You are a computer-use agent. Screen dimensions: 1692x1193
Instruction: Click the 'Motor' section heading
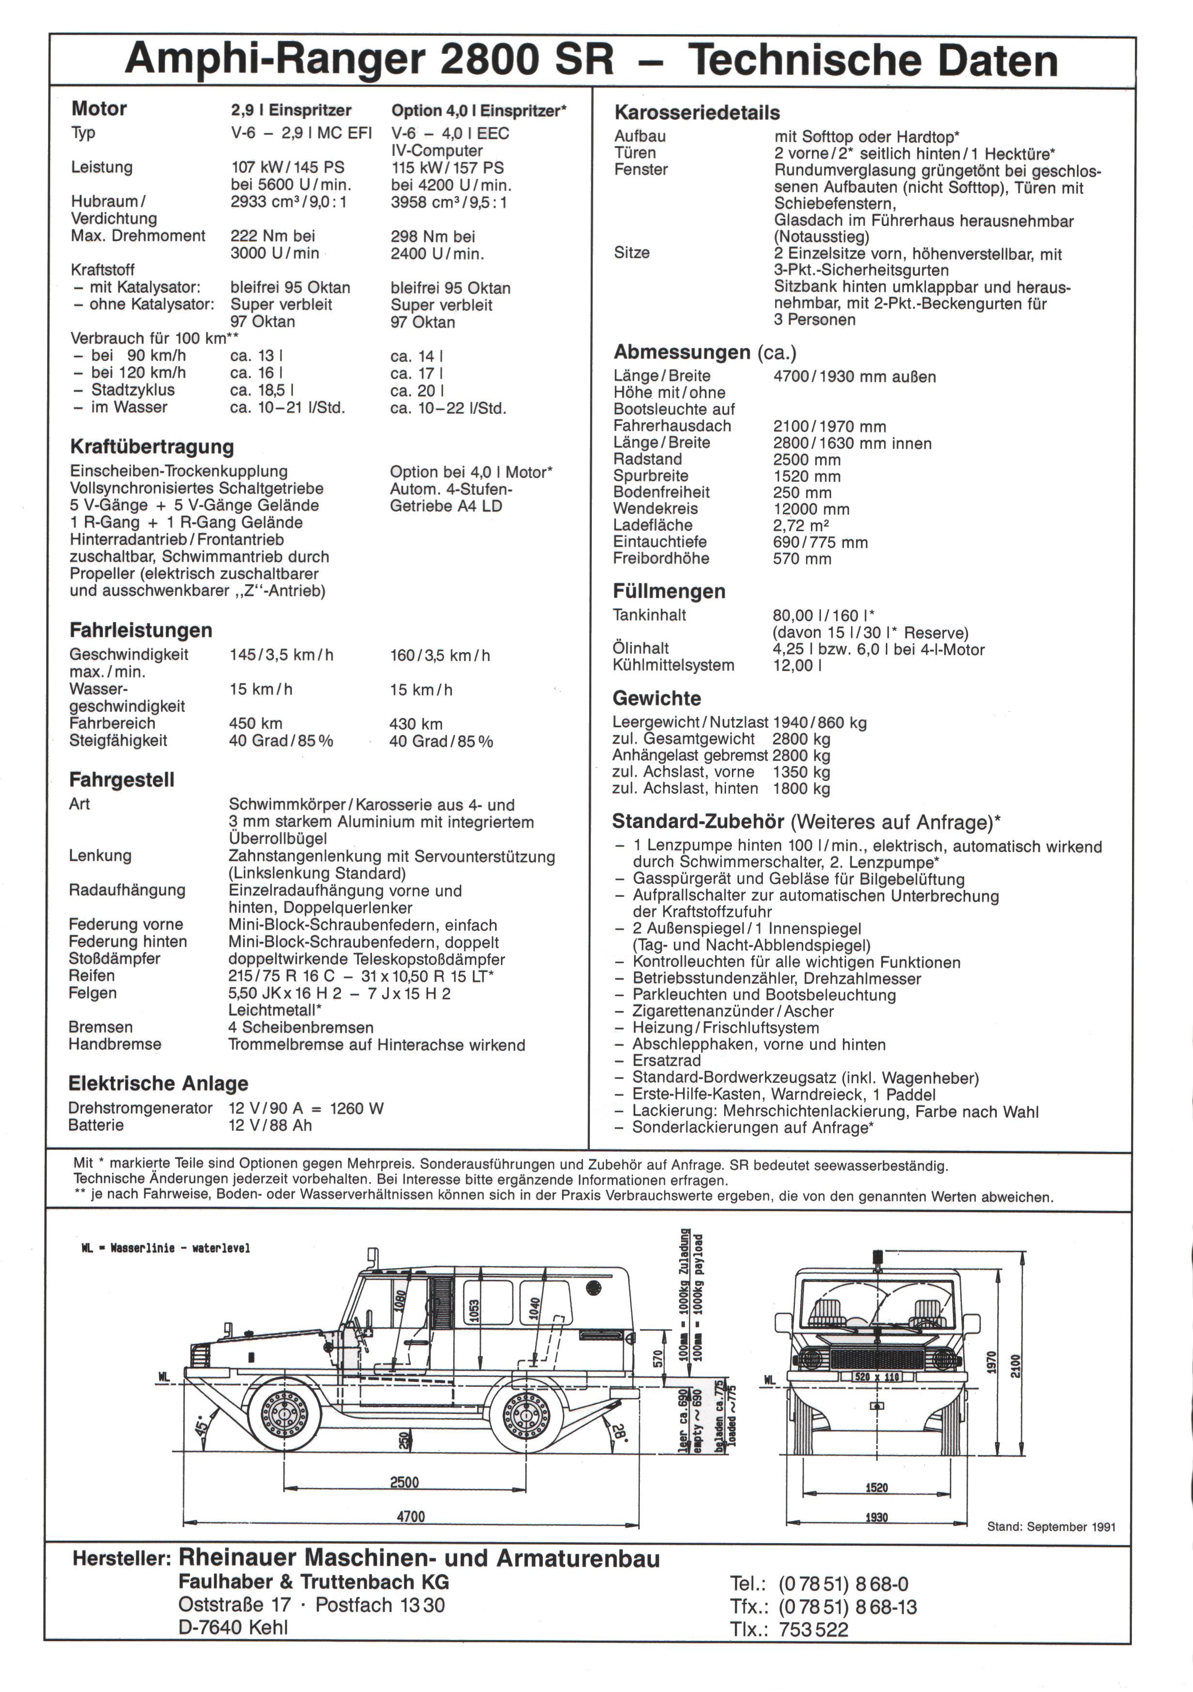[99, 109]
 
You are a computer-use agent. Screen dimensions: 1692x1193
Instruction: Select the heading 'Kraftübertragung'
[152, 446]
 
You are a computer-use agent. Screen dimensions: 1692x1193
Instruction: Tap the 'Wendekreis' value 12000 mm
[810, 509]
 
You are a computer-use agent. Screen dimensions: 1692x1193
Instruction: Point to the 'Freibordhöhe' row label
[661, 559]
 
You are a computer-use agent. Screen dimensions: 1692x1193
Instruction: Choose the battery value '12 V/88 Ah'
[270, 1125]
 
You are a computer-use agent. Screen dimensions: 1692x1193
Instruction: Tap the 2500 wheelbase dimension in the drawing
[404, 1482]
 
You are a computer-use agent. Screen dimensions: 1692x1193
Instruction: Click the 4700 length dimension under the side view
[410, 1516]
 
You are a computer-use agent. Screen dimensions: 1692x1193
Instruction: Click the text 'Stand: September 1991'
[1051, 1527]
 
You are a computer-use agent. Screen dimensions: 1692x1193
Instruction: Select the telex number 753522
[814, 1630]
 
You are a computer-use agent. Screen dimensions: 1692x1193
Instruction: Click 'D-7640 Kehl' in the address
[233, 1627]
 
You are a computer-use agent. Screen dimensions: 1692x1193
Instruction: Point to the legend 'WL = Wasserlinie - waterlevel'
[166, 1247]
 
